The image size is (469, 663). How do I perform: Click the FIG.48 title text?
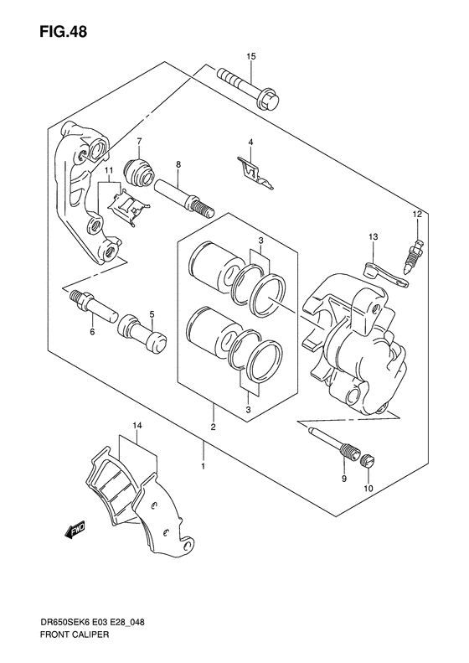pos(64,32)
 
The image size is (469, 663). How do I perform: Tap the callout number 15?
pos(251,56)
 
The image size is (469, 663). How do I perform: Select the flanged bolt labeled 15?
pos(250,89)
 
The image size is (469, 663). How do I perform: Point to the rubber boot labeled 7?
pos(139,172)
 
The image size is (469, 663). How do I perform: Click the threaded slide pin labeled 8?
pos(184,198)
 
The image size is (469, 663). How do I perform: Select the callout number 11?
pos(110,170)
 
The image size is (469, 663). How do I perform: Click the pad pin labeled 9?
pos(335,444)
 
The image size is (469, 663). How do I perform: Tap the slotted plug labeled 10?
pos(368,461)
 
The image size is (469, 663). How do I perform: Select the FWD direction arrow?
pos(75,529)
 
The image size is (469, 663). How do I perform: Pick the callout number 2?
pos(214,427)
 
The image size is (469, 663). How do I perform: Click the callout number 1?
pos(204,466)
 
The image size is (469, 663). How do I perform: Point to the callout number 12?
pos(417,215)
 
